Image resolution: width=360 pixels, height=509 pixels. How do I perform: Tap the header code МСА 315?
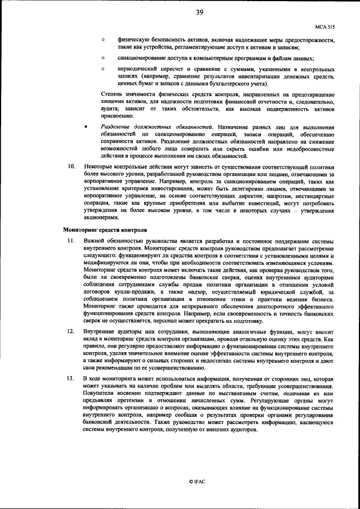pyautogui.click(x=325, y=26)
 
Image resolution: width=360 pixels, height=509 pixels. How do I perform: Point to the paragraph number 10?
pyautogui.click(x=71, y=166)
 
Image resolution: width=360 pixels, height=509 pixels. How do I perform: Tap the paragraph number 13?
pyautogui.click(x=71, y=379)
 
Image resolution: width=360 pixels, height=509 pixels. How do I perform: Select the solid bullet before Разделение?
pyautogui.click(x=85, y=128)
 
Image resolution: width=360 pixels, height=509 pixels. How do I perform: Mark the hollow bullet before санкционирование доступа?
pyautogui.click(x=103, y=58)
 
